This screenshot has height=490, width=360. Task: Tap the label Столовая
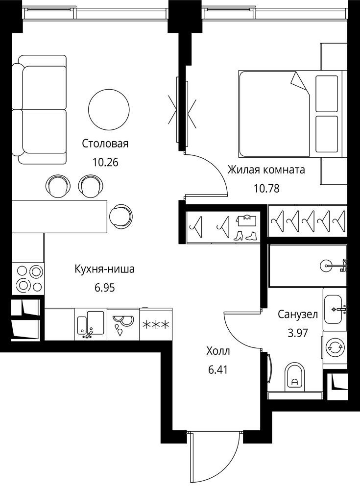(x=105, y=144)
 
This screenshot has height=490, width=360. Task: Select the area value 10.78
(x=266, y=189)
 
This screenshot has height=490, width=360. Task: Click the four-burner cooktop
(x=28, y=278)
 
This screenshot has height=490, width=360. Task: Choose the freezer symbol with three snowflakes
(x=156, y=325)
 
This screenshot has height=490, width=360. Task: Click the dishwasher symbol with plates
(x=123, y=325)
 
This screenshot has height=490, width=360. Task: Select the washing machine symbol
(x=335, y=347)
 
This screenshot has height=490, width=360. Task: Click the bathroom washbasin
(x=334, y=310)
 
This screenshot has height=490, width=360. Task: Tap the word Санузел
(x=298, y=314)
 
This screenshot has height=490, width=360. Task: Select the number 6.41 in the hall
(x=218, y=370)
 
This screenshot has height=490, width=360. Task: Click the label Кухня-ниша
(x=105, y=269)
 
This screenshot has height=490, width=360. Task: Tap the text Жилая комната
(x=266, y=170)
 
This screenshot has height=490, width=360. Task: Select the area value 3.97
(x=298, y=333)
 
